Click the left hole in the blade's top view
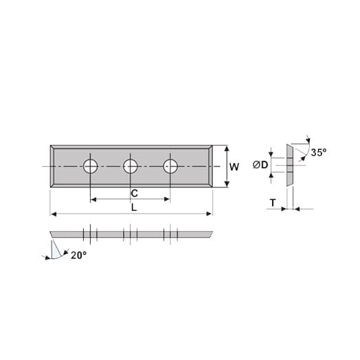tap(91, 166)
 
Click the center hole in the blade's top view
tap(131, 166)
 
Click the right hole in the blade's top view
tap(170, 166)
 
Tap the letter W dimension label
tap(234, 167)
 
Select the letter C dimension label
tap(134, 193)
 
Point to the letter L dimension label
tap(134, 207)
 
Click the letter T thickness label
tap(273, 203)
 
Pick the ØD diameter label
tap(260, 165)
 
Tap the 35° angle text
tap(319, 153)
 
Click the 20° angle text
tap(79, 256)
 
